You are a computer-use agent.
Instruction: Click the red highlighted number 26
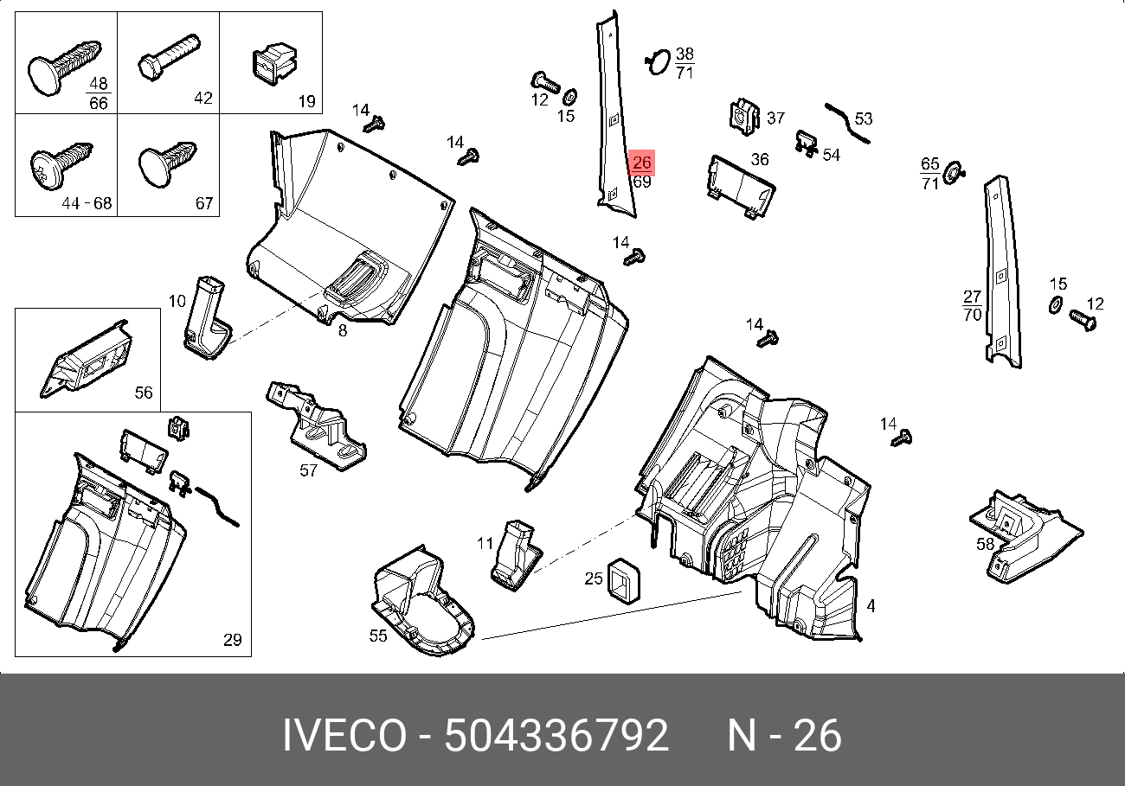pos(642,162)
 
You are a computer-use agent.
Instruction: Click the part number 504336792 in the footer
pos(556,736)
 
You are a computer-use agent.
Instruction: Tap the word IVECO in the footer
pos(344,736)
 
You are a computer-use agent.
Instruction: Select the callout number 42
pos(203,98)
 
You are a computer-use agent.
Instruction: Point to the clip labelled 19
pos(274,64)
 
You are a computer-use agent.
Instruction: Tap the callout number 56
pos(144,392)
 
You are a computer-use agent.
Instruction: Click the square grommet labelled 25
pos(624,581)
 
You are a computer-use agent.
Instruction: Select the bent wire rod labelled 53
pos(848,123)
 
